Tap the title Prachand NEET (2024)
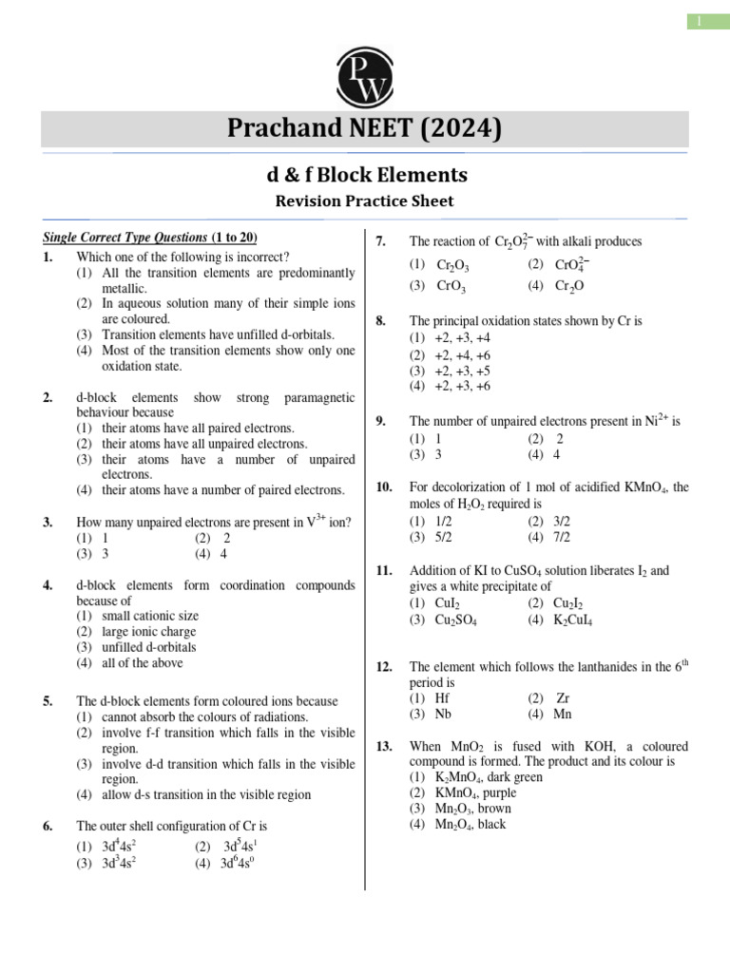(364, 128)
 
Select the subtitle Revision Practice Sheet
(364, 200)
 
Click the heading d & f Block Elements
(364, 175)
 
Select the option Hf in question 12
(441, 698)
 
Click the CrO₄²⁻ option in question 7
(570, 265)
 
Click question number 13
(384, 746)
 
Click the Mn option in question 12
(563, 714)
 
